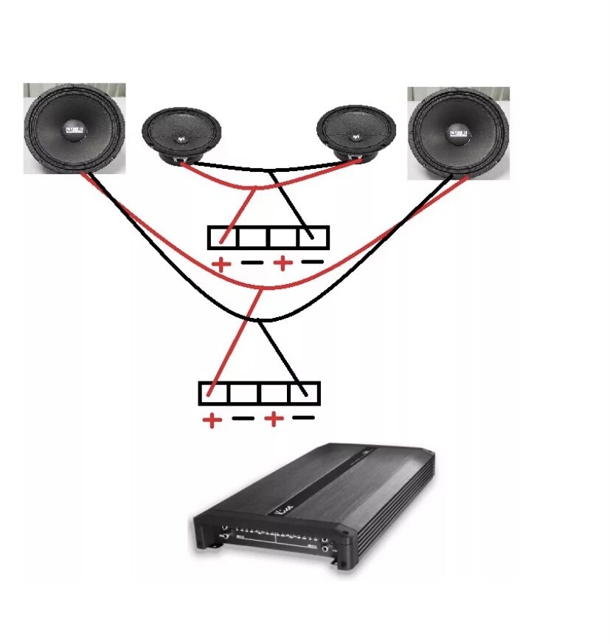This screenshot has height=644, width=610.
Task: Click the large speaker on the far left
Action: point(74,129)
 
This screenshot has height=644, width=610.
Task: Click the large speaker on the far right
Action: point(459,133)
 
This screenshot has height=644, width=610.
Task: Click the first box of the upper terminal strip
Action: point(223,238)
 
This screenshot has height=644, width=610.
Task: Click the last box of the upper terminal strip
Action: point(314,238)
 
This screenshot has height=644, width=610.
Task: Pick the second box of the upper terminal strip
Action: point(254,238)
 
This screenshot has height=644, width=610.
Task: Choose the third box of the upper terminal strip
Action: point(284,238)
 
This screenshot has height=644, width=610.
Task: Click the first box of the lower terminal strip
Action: point(213,393)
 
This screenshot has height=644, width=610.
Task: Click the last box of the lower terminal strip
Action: point(305,393)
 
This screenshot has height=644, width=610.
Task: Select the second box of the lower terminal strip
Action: point(243,393)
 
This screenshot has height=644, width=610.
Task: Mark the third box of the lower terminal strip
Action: point(274,393)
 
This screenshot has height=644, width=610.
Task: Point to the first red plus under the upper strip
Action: point(220,264)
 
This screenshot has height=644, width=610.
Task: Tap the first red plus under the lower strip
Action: point(212,420)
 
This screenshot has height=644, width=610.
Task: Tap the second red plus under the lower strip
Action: point(273,420)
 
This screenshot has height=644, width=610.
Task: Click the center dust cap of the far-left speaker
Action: point(74,129)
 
